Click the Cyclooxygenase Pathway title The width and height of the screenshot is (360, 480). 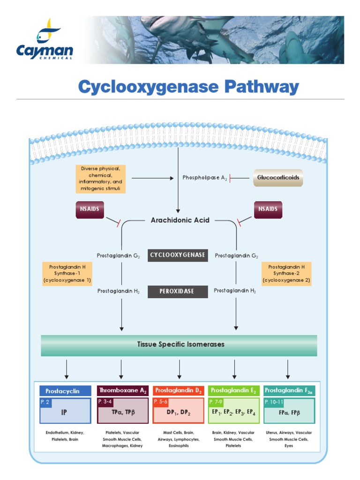[x=188, y=87]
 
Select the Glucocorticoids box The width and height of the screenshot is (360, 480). [x=278, y=178]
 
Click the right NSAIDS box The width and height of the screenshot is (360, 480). [x=268, y=209]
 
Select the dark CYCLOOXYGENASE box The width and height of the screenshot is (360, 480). [x=178, y=255]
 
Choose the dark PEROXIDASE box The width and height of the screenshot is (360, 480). [x=178, y=291]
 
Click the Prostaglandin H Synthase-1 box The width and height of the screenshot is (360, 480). [x=67, y=273]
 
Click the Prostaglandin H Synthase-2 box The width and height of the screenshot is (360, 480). [x=286, y=273]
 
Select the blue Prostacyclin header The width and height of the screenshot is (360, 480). [x=66, y=391]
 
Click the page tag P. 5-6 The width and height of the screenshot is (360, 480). [x=161, y=402]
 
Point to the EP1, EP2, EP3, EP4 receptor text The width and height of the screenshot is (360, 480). [x=233, y=412]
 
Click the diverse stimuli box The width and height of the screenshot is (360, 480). [x=100, y=179]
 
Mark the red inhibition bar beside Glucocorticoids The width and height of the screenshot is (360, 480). [x=231, y=178]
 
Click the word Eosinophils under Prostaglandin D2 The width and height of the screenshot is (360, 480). [x=178, y=446]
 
